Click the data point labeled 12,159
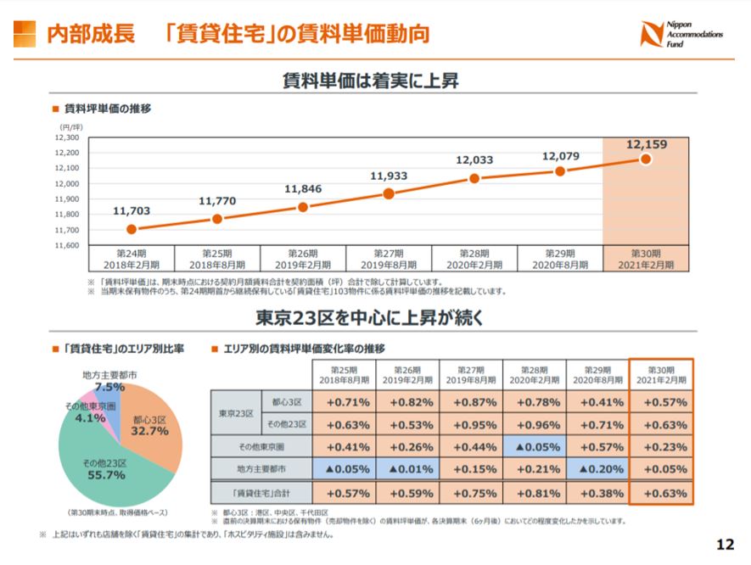click(x=646, y=159)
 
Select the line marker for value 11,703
click(x=131, y=229)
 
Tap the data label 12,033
click(x=474, y=159)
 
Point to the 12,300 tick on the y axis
click(x=67, y=137)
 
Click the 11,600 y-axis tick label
click(x=67, y=245)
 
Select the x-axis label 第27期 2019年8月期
click(x=389, y=259)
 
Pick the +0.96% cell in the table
click(x=534, y=424)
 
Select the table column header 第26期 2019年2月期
click(x=407, y=375)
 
